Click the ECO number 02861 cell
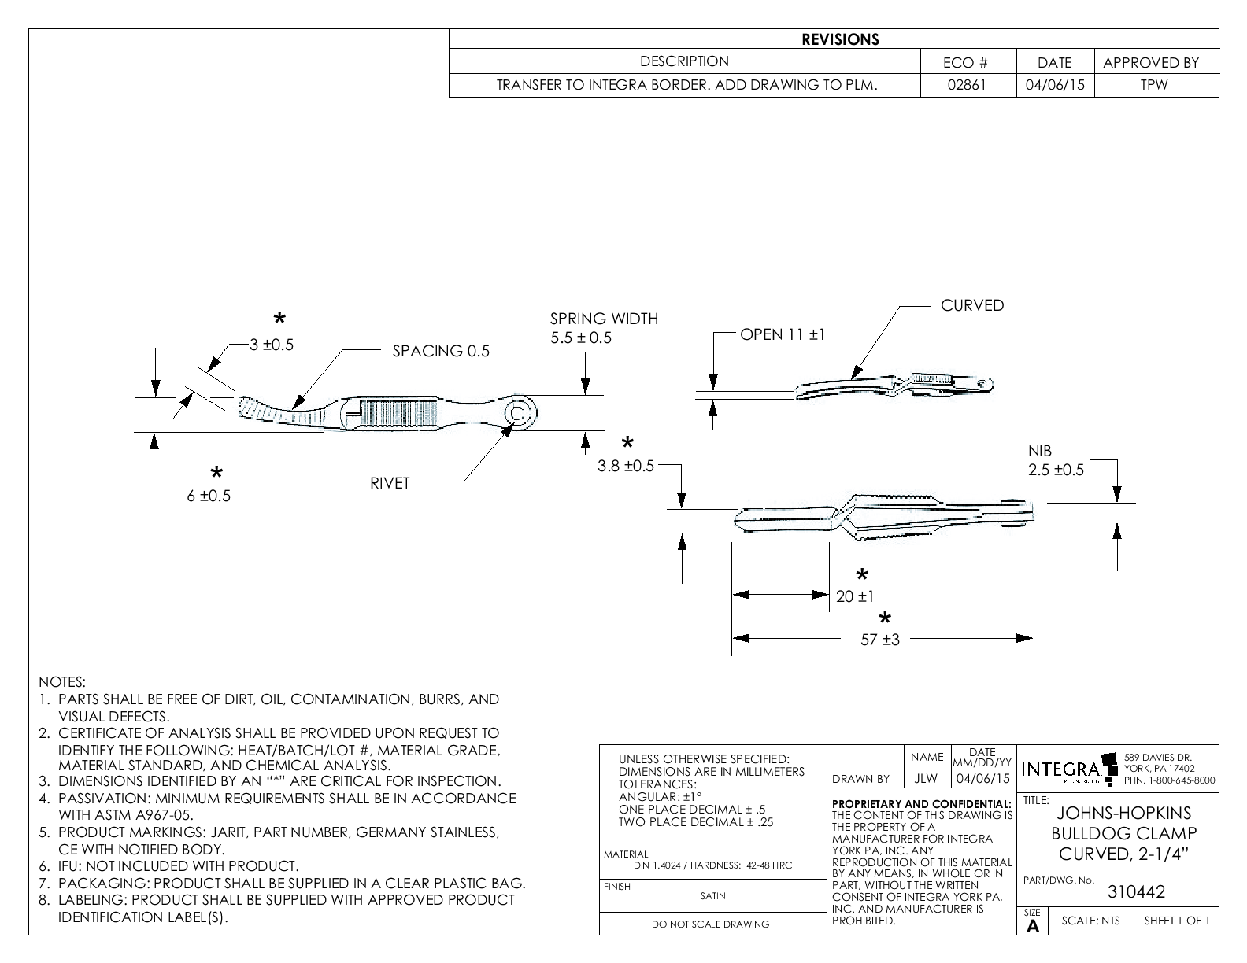(967, 85)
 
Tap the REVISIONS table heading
(840, 39)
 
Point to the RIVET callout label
(390, 483)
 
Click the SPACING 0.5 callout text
(441, 351)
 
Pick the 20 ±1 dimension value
(855, 597)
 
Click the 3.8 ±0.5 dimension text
(626, 466)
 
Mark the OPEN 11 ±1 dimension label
(783, 334)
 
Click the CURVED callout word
(972, 305)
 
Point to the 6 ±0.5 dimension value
(209, 496)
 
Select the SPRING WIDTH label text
(604, 319)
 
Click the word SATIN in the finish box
(712, 895)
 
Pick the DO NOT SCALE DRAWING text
(710, 924)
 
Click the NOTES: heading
(61, 681)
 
